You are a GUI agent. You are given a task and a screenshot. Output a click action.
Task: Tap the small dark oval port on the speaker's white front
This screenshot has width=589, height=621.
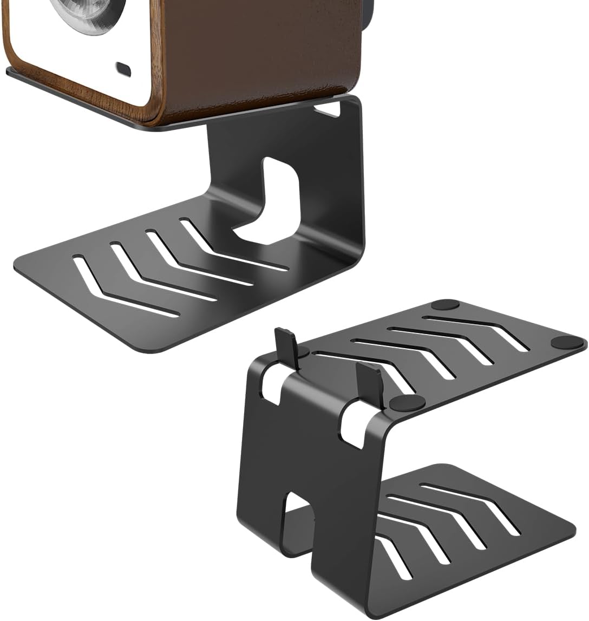pos(123,69)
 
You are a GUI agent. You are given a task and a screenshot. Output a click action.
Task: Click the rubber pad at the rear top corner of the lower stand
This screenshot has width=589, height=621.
pos(444,304)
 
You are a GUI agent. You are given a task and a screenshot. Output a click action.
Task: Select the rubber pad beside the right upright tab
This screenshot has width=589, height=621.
pos(407,402)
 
